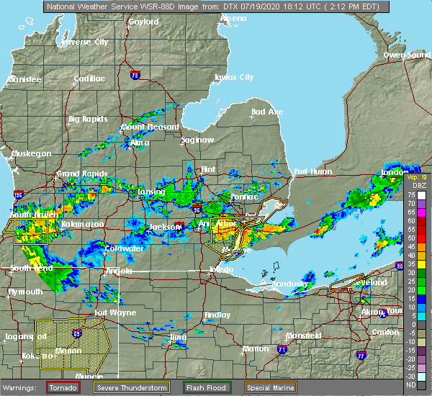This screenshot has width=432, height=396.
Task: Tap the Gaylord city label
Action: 143,22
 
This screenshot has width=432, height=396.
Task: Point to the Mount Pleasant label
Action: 150,127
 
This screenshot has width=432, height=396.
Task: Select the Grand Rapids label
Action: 82,174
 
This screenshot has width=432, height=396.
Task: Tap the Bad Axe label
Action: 267,112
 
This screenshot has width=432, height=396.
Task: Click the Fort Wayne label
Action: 115,312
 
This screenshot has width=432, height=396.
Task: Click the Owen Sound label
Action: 406,55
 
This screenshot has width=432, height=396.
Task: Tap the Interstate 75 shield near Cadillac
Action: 135,75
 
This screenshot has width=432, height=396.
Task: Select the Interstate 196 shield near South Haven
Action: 17,194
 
